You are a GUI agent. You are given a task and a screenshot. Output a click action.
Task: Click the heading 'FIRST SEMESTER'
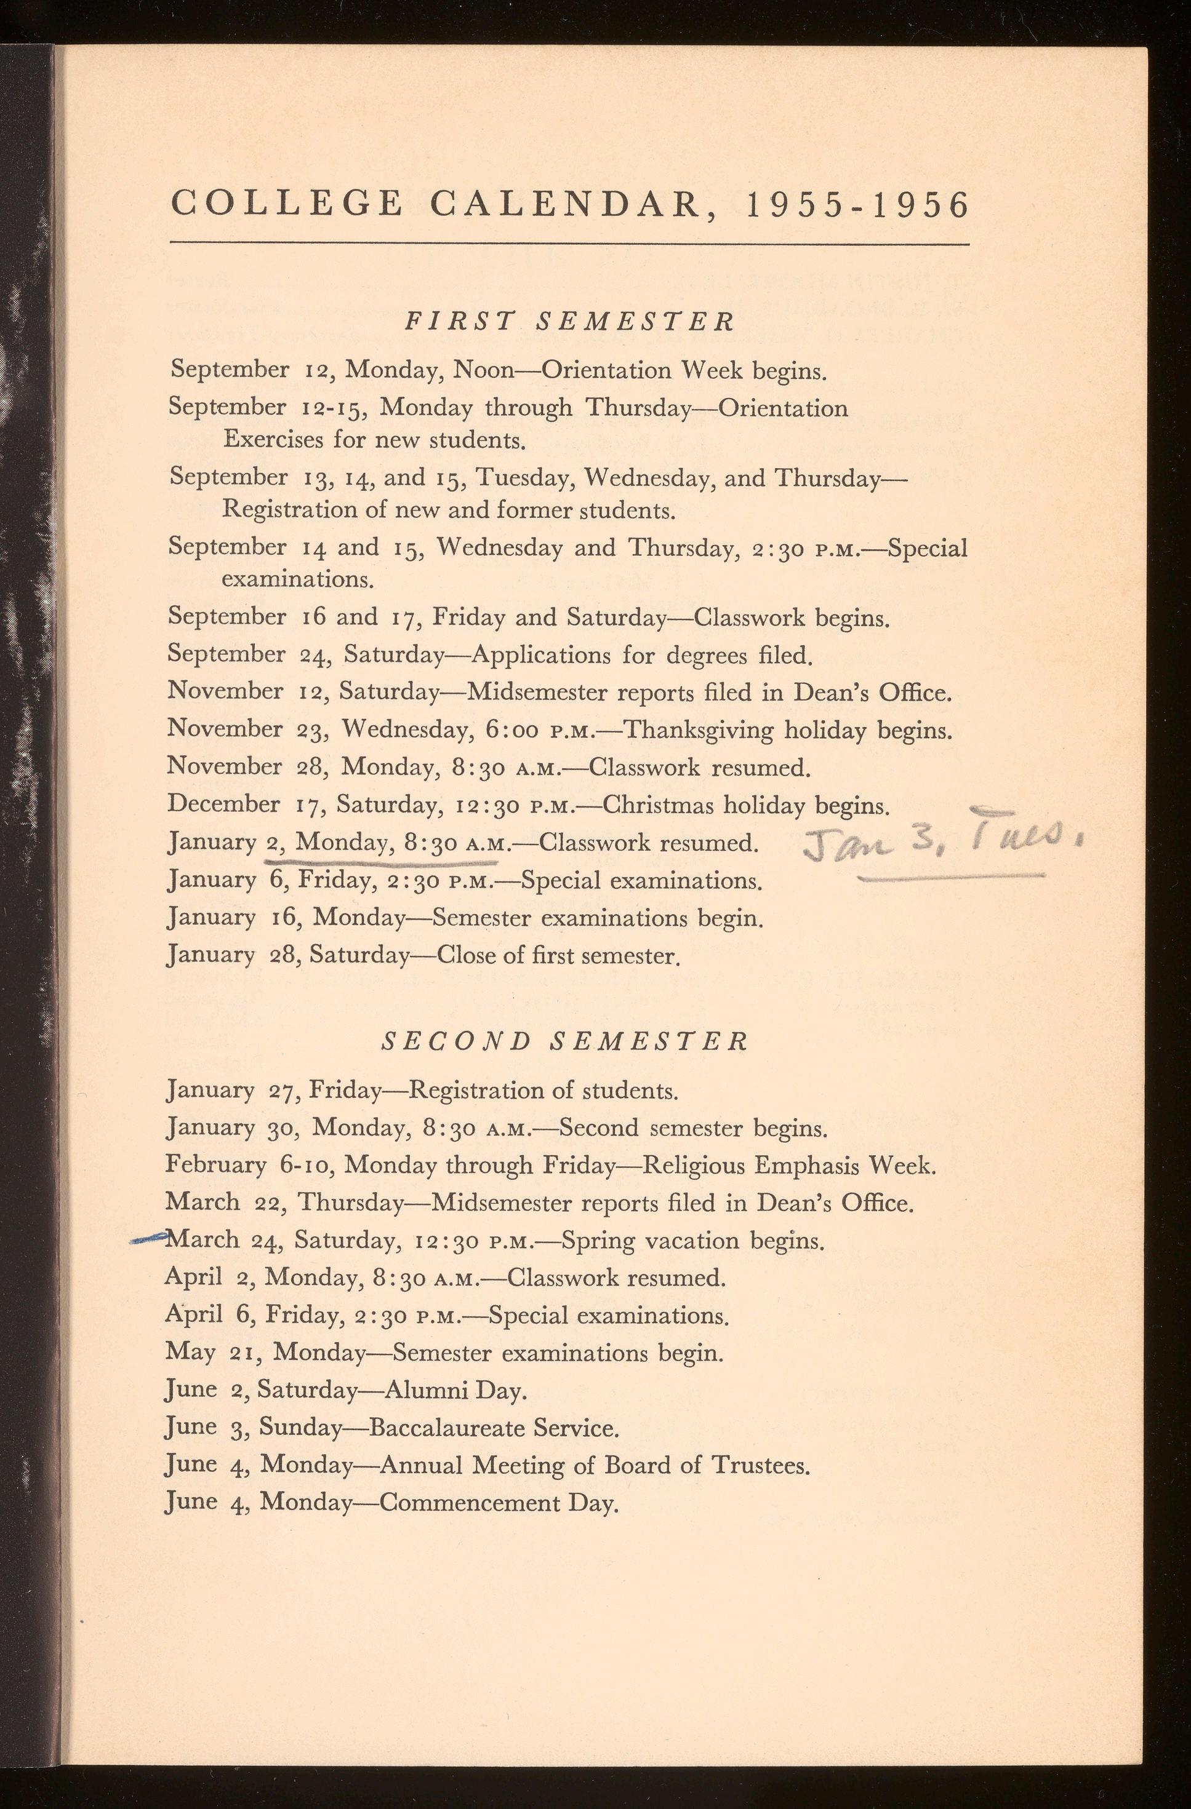point(569,322)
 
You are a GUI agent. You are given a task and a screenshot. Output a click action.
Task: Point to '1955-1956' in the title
point(857,205)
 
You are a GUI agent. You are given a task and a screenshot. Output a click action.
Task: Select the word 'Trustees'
point(759,1465)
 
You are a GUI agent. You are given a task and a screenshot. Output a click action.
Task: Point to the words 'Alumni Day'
point(455,1390)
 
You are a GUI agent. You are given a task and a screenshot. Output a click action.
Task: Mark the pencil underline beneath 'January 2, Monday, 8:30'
point(380,862)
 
